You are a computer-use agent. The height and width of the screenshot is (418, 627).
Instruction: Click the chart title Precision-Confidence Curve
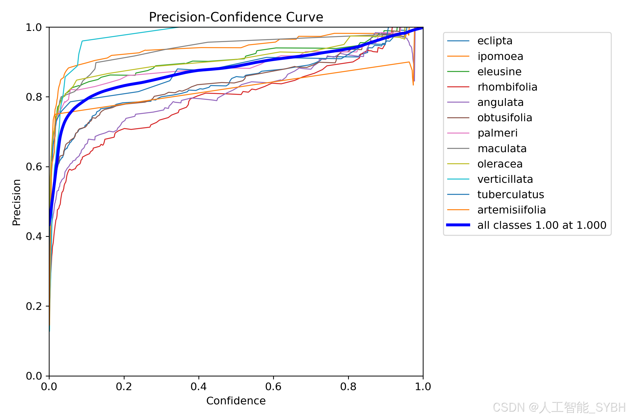point(236,17)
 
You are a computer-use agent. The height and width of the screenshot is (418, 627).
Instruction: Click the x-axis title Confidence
point(236,401)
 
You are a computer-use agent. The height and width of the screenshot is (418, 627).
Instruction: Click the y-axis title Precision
point(16,202)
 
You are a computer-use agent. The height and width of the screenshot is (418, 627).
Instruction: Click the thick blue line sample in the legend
point(458,225)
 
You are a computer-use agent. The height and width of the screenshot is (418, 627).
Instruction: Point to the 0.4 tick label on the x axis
point(199,387)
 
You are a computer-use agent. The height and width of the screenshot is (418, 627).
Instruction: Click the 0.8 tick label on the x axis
point(348,387)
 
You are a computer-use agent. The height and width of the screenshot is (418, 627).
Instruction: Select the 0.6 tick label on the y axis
point(34,167)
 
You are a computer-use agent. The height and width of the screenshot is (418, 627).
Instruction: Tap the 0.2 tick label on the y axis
point(34,306)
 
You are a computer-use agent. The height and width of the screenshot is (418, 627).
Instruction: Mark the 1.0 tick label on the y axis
point(34,27)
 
